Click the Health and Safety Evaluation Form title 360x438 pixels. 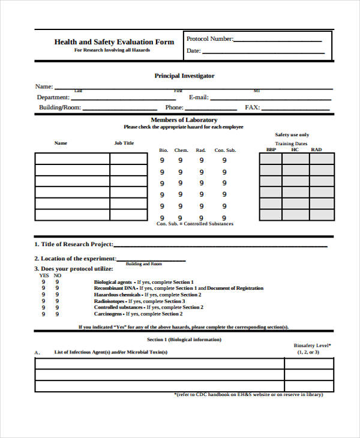pyautogui.click(x=114, y=42)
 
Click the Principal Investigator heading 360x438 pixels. pyautogui.click(x=184, y=76)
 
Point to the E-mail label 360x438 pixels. pyautogui.click(x=199, y=97)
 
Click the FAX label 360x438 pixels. pyautogui.click(x=252, y=108)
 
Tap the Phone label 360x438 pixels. pyautogui.click(x=174, y=108)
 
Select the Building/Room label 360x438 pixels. pyautogui.click(x=59, y=108)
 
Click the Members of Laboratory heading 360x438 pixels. pyautogui.click(x=184, y=120)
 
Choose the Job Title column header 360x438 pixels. pyautogui.click(x=124, y=143)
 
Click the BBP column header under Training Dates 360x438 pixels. pyautogui.click(x=271, y=149)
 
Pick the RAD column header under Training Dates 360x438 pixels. pyautogui.click(x=316, y=149)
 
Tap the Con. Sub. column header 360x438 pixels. pyautogui.click(x=225, y=150)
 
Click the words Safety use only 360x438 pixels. pyautogui.click(x=292, y=135)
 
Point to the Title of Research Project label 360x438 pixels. pyautogui.click(x=73, y=244)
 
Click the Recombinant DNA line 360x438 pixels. pyautogui.click(x=178, y=289)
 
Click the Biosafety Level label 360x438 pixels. pyautogui.click(x=312, y=346)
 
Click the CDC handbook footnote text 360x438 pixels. pyautogui.click(x=248, y=394)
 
